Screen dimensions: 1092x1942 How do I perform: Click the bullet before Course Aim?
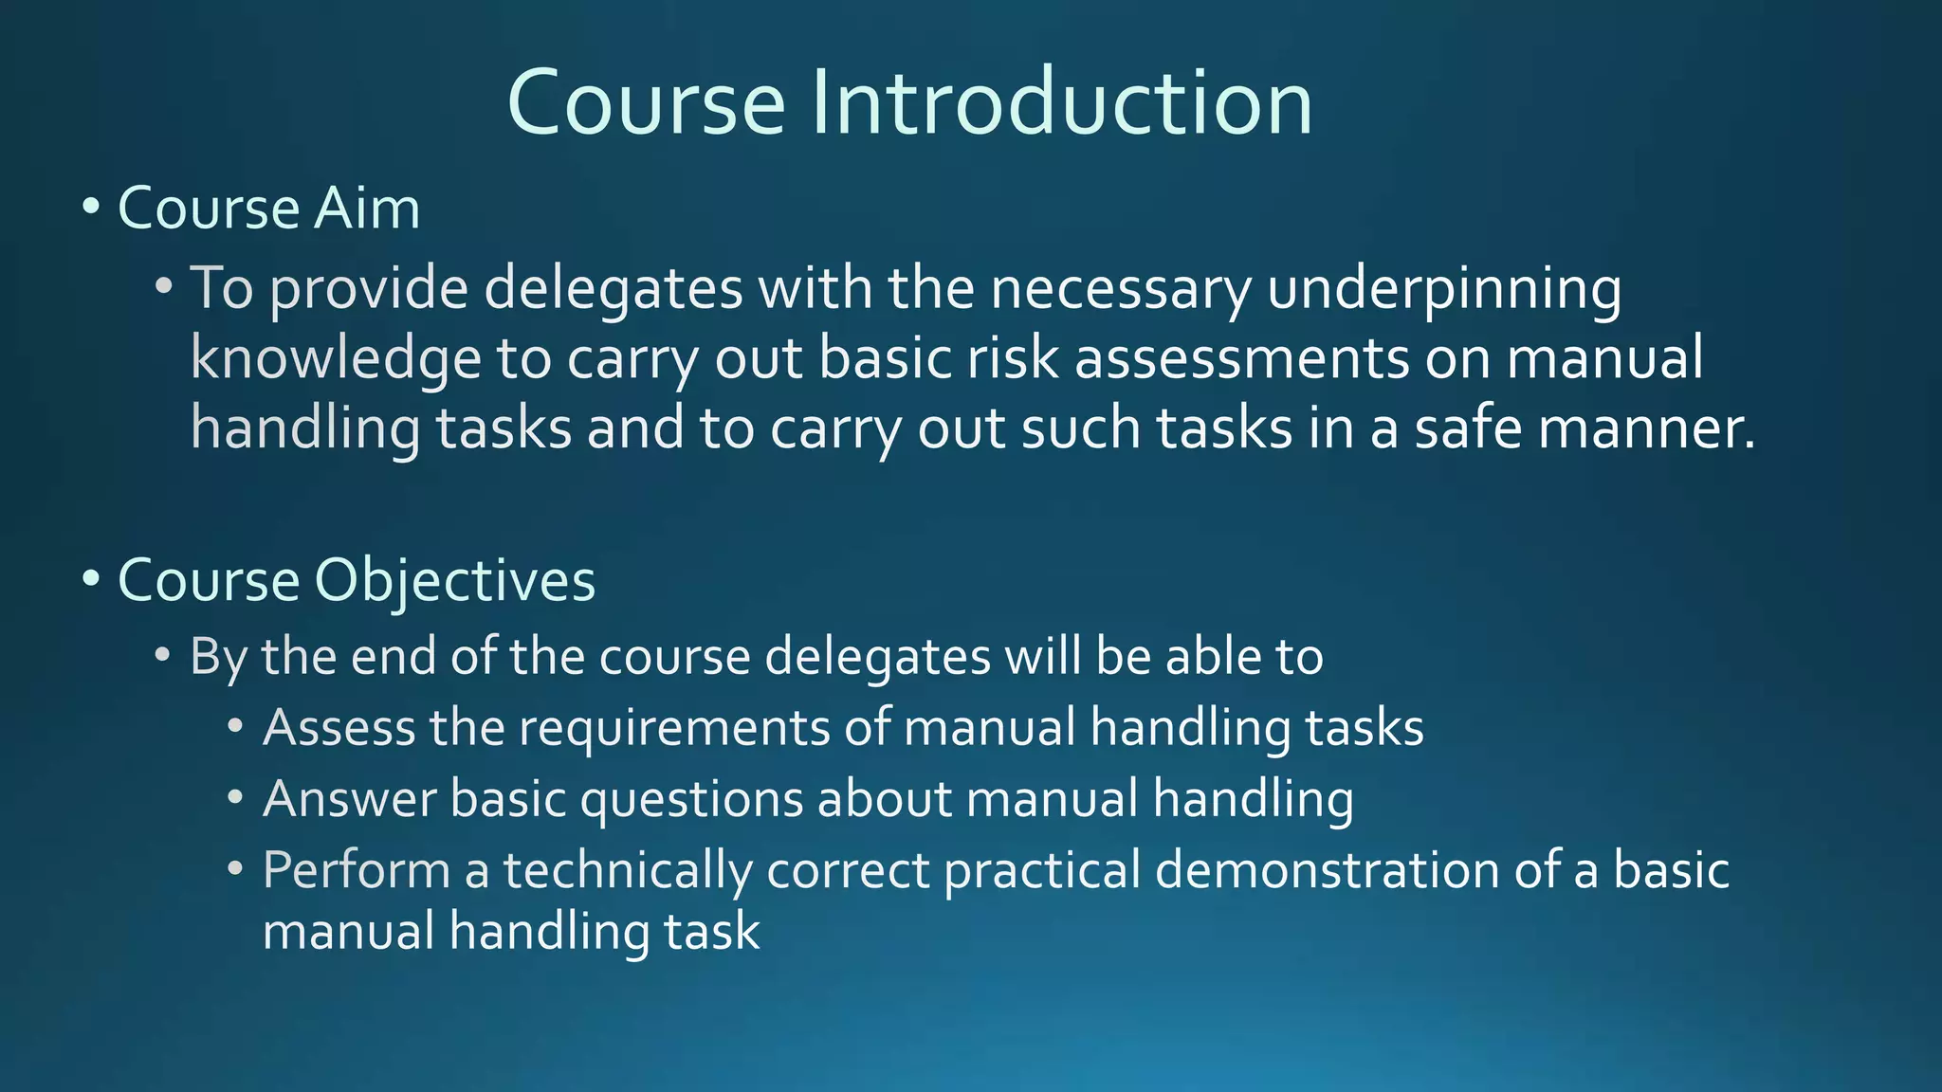[x=91, y=206]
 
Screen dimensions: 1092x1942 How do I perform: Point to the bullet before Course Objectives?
[x=91, y=577]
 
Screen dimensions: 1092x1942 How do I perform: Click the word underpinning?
[x=1443, y=289]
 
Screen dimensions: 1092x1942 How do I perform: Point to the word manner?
[x=1645, y=428]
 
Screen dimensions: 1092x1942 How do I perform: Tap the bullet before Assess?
[x=236, y=727]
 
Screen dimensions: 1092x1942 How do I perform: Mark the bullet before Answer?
[x=236, y=797]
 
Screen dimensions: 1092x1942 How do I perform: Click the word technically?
[x=627, y=870]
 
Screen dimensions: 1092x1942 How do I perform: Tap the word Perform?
[x=357, y=870]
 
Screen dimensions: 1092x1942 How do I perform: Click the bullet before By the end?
[x=163, y=655]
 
